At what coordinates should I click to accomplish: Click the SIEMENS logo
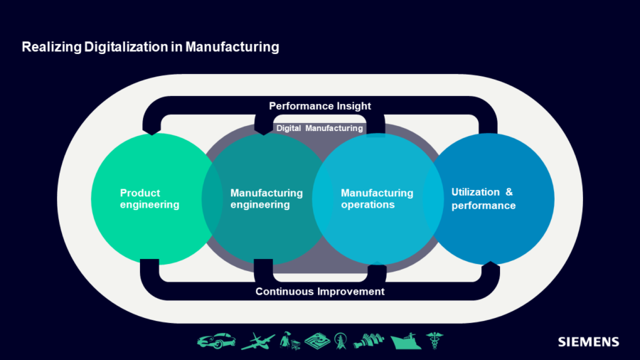tap(588, 342)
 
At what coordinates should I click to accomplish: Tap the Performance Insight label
tap(320, 106)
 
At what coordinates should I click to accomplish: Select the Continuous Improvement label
tap(320, 292)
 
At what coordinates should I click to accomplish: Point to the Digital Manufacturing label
tap(320, 128)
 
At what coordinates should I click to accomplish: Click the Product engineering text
tap(149, 198)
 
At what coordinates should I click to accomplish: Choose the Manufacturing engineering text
tap(267, 198)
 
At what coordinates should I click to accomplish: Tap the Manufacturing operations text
tap(377, 198)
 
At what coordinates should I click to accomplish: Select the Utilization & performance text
tap(483, 198)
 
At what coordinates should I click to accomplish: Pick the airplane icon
tap(257, 342)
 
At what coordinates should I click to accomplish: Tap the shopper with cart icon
tap(289, 341)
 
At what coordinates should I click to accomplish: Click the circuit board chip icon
tap(318, 342)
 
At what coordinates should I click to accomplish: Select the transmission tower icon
tap(342, 341)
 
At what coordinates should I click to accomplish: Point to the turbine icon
tap(369, 341)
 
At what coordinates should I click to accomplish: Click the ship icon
tap(405, 342)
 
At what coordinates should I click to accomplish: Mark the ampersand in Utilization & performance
tap(508, 192)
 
